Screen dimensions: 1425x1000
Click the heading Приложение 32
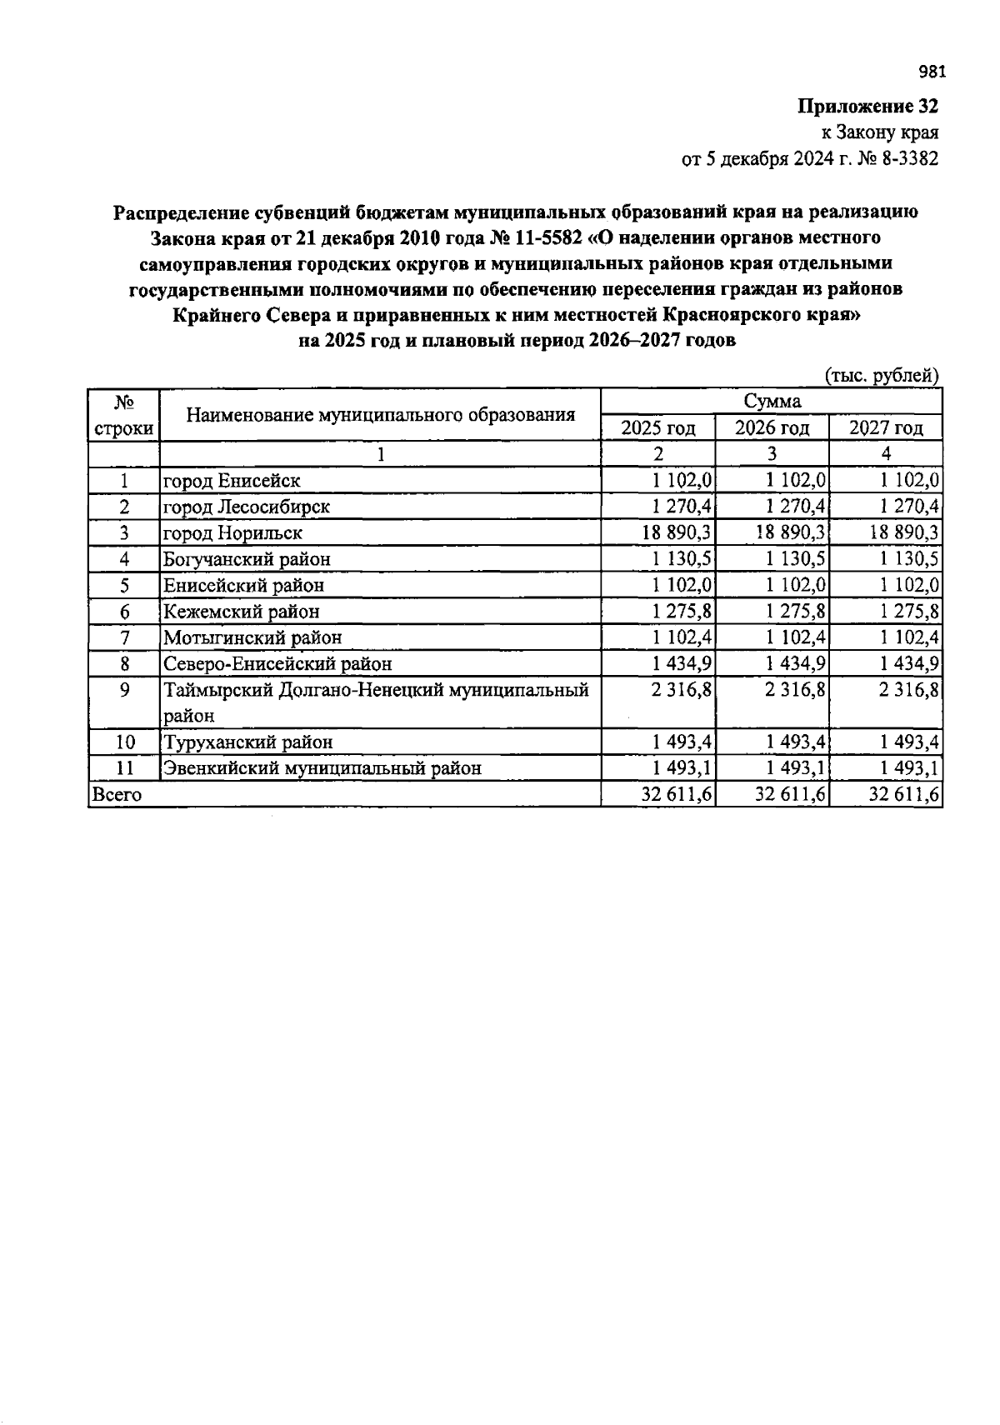867,107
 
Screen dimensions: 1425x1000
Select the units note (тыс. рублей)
882,376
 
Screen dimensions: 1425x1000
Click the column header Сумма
772,402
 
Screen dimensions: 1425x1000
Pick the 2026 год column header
772,428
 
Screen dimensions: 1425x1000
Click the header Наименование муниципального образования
380,414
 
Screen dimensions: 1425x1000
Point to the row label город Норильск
232,532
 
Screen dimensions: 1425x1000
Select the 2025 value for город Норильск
676,532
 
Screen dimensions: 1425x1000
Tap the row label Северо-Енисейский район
277,664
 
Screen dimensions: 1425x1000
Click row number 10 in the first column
124,742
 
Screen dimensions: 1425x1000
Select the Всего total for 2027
904,795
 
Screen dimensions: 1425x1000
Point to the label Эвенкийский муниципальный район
322,768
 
